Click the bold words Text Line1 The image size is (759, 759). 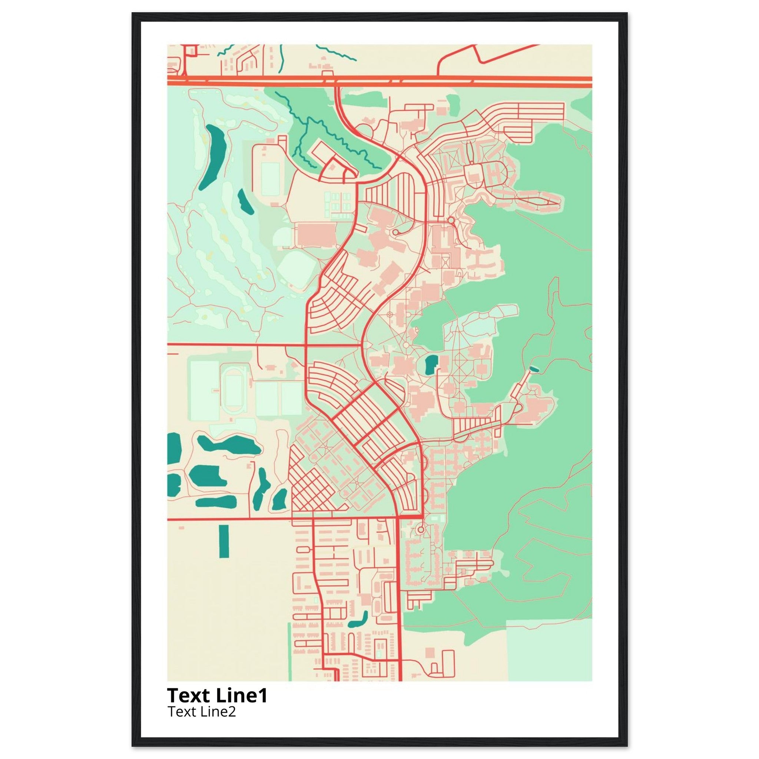(x=217, y=695)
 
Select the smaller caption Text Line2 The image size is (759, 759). (x=202, y=711)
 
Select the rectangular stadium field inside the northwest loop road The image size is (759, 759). (x=270, y=179)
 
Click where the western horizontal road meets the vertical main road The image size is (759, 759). (x=306, y=345)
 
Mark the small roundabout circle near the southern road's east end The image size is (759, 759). (x=420, y=530)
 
